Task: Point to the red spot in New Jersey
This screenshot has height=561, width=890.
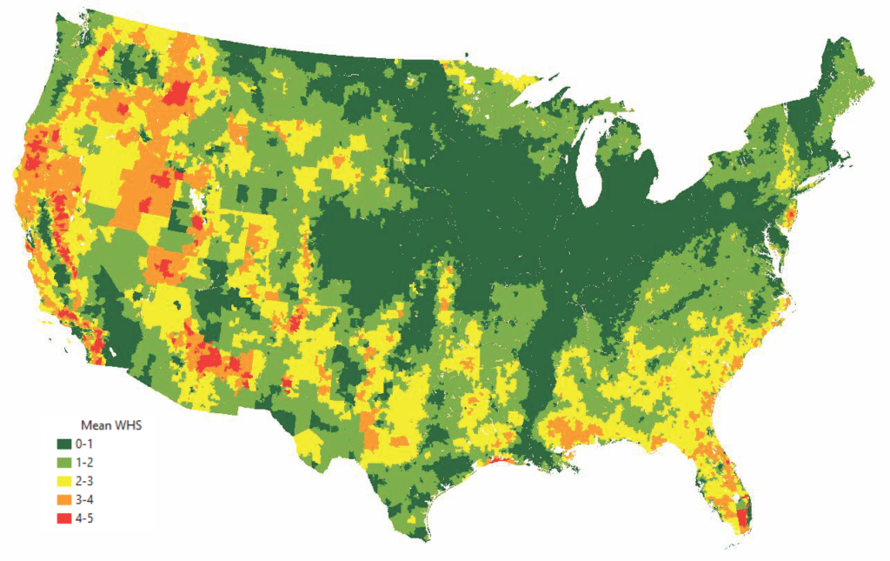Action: (790, 214)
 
